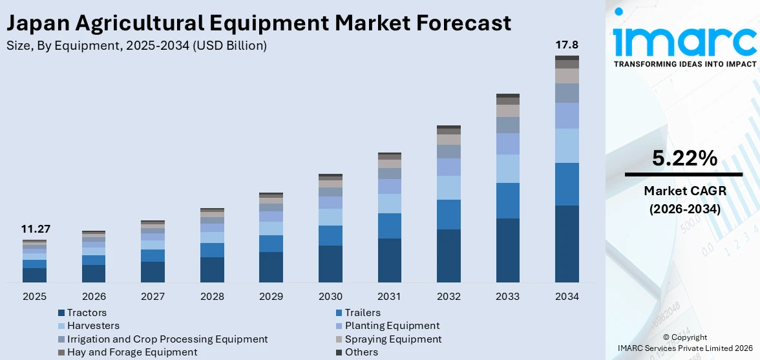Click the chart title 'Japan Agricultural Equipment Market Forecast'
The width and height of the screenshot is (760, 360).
pos(259,23)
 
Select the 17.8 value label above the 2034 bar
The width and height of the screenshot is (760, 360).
pos(567,45)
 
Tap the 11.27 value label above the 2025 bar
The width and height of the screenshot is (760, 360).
pos(36,229)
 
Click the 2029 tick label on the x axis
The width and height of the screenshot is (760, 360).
pos(271,297)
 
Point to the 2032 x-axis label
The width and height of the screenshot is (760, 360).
pos(449,297)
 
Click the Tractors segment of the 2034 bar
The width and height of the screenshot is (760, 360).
pos(567,244)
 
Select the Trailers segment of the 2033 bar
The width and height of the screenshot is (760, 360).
pos(508,200)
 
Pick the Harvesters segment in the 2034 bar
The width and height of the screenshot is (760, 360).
pos(567,145)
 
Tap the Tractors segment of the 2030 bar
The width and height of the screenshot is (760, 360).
pos(330,264)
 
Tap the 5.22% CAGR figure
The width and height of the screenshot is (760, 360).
pos(684,158)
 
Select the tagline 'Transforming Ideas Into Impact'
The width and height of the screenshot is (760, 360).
pos(684,64)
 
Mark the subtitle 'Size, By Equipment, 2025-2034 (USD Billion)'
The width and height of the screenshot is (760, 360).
pos(136,46)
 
